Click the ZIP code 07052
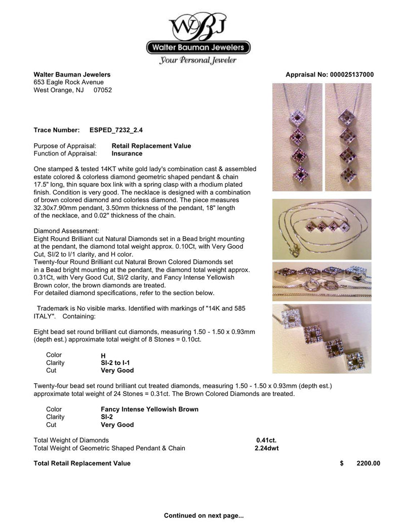(x=103, y=90)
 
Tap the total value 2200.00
(x=368, y=463)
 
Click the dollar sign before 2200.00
(x=342, y=463)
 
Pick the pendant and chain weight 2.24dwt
(x=267, y=448)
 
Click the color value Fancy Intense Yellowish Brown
(x=149, y=409)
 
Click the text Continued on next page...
(x=204, y=516)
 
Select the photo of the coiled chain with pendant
(x=321, y=229)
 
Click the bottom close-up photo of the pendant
(x=321, y=338)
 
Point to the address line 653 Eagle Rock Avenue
(x=68, y=83)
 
